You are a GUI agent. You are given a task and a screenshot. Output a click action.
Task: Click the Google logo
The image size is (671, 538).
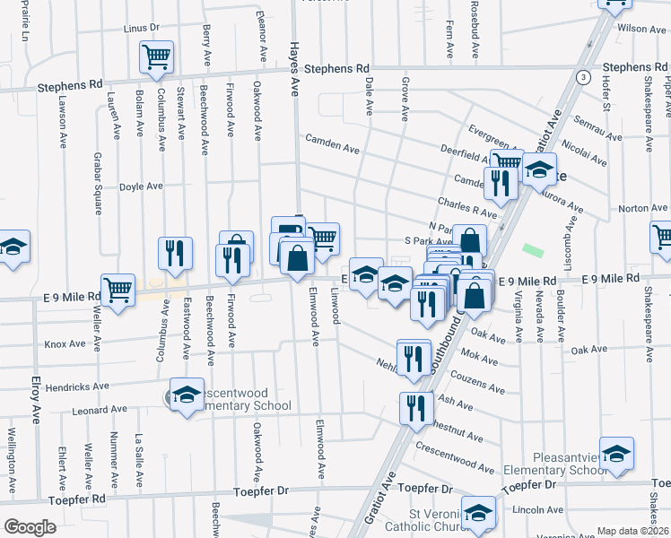[x=30, y=527]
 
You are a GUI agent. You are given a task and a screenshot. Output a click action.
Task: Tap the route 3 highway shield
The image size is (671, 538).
[x=583, y=76]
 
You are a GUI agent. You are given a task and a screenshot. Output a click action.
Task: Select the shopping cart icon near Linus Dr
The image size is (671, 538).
[x=156, y=58]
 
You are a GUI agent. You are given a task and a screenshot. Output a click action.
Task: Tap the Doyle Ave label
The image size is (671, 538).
[x=141, y=187]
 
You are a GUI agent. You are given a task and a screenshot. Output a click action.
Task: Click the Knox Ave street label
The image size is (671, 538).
[x=65, y=343]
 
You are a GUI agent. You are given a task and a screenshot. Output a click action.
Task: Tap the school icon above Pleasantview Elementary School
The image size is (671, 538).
[x=617, y=455]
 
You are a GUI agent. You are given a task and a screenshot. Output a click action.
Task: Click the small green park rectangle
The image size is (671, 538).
[x=533, y=249]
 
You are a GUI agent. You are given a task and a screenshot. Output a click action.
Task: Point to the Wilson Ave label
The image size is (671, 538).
[x=641, y=29]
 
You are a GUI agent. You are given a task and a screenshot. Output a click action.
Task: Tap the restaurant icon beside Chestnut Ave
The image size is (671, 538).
[x=414, y=409]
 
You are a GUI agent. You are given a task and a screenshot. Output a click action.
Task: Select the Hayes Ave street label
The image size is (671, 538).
[x=292, y=68]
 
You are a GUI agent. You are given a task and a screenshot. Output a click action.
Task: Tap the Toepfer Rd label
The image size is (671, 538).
[x=77, y=498]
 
